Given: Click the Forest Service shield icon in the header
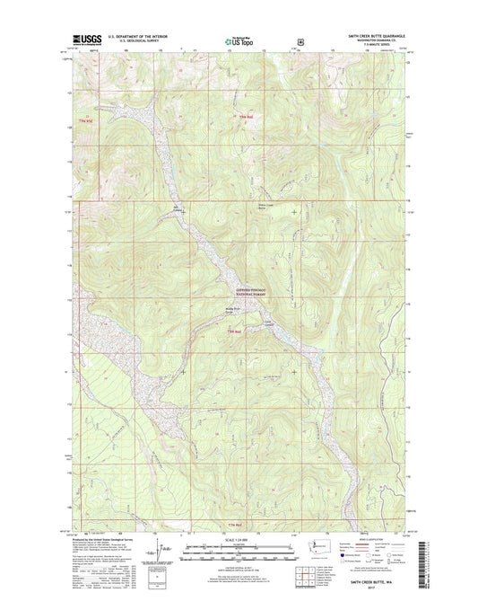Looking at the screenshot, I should [x=300, y=40].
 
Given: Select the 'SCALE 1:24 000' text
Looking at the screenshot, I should [x=239, y=538].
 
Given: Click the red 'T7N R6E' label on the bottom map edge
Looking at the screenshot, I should [x=260, y=524].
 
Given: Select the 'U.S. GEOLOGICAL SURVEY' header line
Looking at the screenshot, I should [x=135, y=42].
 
